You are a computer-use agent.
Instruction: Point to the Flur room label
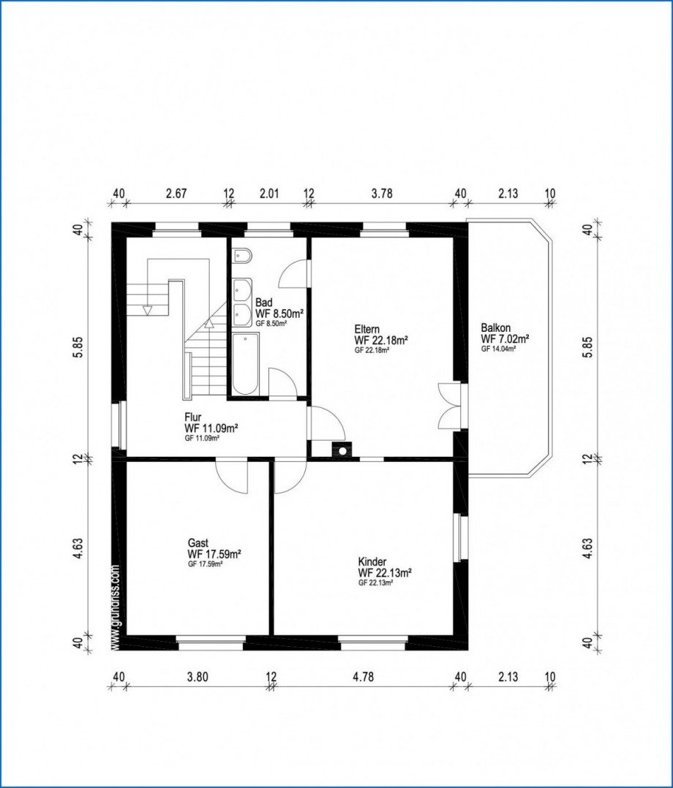[193, 417]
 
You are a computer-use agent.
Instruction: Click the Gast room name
[198, 543]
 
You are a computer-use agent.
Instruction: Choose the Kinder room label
[372, 562]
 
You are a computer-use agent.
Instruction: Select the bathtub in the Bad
[245, 363]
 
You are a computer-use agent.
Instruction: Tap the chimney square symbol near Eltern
[340, 450]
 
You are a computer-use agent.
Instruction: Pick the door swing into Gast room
[233, 476]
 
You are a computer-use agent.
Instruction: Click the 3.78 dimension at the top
[382, 194]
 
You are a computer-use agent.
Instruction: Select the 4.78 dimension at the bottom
[363, 677]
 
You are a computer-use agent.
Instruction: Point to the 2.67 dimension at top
[176, 194]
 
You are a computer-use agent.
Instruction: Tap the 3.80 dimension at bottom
[198, 677]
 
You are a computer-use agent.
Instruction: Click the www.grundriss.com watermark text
[116, 606]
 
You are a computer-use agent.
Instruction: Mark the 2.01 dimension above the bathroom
[268, 194]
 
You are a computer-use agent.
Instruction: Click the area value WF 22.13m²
[384, 573]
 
